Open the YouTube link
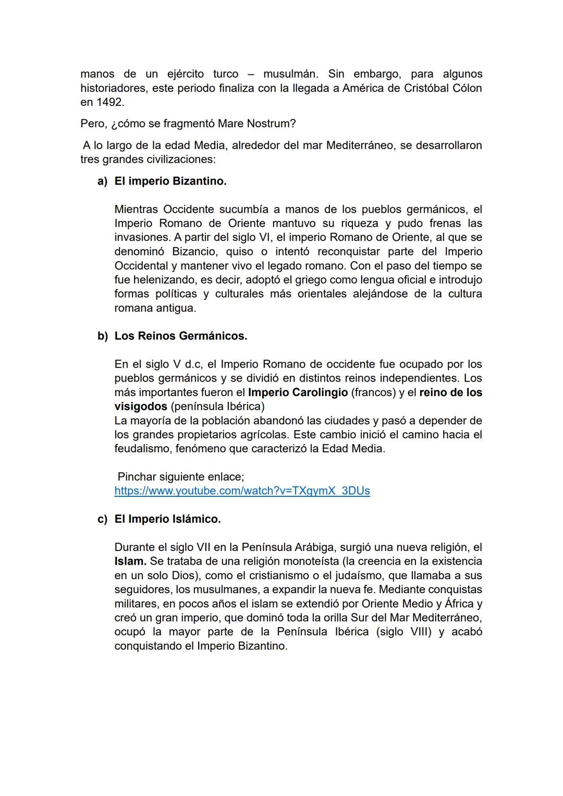point(242,491)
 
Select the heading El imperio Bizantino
point(170,181)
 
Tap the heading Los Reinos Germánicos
point(181,336)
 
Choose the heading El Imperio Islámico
point(167,519)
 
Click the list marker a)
point(102,181)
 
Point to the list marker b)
point(102,336)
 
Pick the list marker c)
point(102,519)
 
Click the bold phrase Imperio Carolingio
point(298,392)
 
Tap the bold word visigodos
point(141,406)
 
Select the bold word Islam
point(130,561)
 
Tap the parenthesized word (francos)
point(374,392)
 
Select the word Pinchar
point(138,476)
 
